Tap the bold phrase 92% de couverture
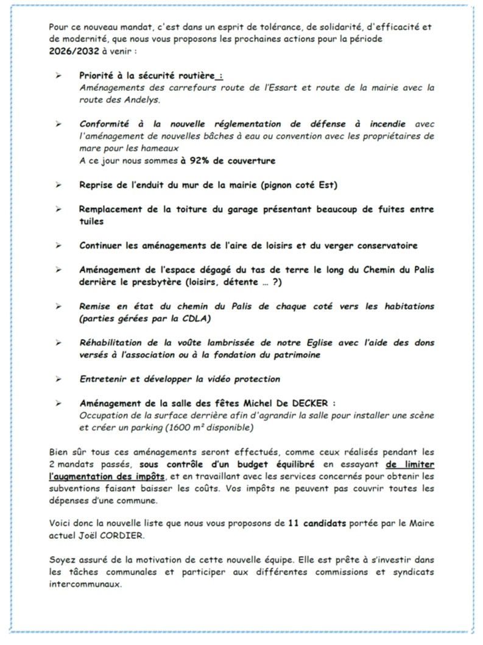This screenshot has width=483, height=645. click(231, 161)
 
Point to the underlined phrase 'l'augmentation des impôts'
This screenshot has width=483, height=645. click(107, 476)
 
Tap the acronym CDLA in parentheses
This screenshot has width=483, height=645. click(204, 319)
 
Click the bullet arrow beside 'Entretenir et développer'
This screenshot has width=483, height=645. click(58, 379)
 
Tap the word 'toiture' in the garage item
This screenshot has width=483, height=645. click(188, 209)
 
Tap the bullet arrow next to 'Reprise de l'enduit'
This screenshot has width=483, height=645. click(58, 185)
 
